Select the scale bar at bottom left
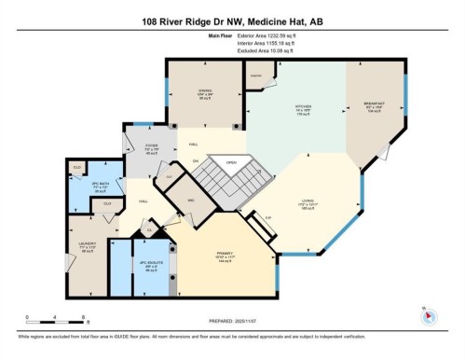pyautogui.click(x=55, y=315)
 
